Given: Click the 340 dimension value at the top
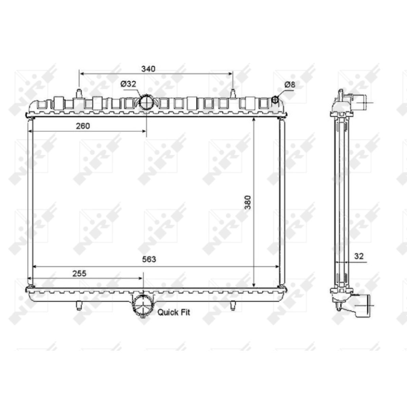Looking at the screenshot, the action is [x=148, y=69].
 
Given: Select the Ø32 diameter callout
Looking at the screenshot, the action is [x=128, y=84].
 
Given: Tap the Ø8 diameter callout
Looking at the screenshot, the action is [x=290, y=85].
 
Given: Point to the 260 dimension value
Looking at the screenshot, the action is [x=83, y=126].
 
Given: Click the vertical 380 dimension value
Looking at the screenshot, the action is [x=248, y=202].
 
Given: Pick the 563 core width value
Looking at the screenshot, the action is [x=149, y=259].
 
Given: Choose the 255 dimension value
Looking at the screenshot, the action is [x=79, y=273].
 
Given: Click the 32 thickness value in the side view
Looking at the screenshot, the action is [x=359, y=256].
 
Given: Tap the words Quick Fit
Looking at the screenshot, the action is [x=174, y=312].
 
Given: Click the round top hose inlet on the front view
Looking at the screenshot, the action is [x=147, y=102].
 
